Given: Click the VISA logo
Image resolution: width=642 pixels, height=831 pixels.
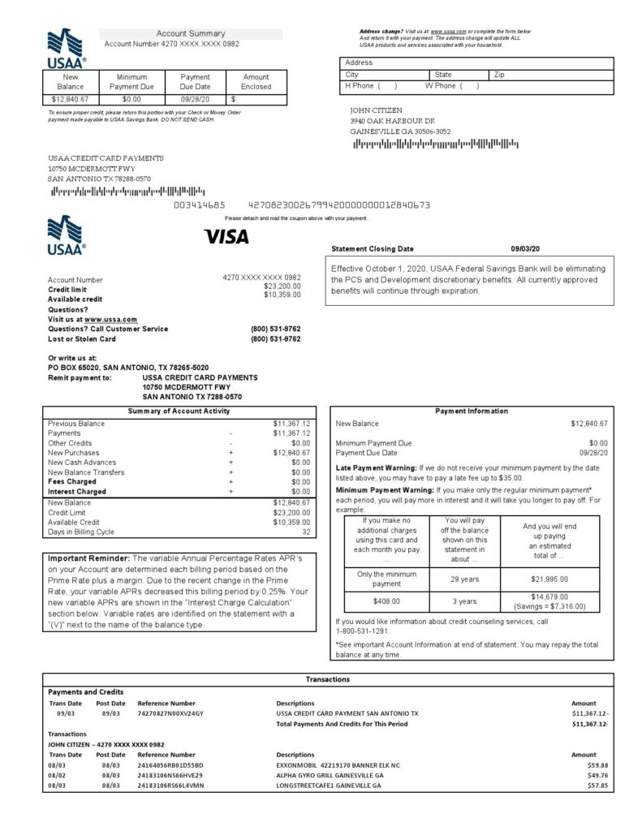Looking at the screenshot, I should click(226, 237).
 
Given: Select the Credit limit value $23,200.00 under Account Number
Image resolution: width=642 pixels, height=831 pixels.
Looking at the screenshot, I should click(282, 286).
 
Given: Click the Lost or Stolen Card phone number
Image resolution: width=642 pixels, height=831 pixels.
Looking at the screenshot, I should click(276, 339).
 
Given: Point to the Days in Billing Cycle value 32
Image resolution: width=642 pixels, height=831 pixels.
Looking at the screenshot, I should click(305, 532).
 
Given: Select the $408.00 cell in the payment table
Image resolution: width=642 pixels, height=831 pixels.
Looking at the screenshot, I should click(386, 601).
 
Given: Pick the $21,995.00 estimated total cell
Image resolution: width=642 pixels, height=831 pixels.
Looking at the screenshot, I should click(549, 579).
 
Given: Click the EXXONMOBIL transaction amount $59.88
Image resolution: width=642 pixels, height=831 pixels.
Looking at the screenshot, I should click(597, 764).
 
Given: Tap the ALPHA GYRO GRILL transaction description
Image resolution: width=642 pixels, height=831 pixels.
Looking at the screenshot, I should click(330, 775).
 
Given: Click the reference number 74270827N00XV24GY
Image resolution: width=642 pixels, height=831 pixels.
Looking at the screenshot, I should click(170, 713).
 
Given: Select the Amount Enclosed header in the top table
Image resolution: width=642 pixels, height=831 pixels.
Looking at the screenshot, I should click(256, 82).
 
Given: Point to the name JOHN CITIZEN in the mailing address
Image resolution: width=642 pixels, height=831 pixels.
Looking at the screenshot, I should click(376, 110).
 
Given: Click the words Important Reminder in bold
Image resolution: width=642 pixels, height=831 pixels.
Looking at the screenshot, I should click(87, 559).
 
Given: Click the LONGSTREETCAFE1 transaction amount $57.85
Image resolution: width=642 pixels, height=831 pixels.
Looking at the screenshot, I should click(597, 786).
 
